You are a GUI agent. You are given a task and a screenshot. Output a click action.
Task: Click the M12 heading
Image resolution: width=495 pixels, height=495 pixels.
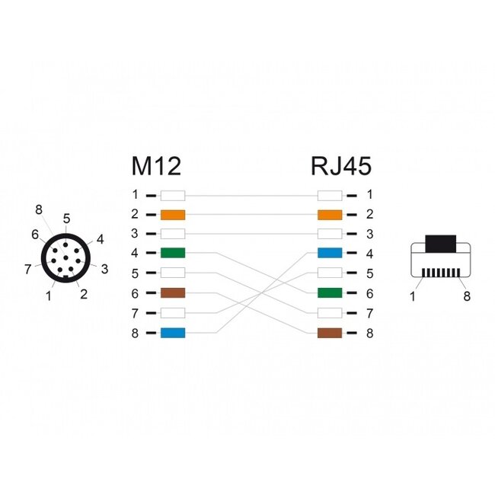pos(156,166)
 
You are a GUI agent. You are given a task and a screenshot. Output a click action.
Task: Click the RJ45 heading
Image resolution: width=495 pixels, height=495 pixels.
pos(340,166)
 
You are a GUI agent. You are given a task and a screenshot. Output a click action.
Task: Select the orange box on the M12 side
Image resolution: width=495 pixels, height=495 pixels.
pos(173,215)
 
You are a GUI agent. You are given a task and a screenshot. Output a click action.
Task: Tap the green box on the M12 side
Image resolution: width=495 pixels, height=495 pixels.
pos(173,254)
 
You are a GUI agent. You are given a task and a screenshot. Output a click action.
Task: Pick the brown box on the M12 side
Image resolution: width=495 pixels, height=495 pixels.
pos(173,293)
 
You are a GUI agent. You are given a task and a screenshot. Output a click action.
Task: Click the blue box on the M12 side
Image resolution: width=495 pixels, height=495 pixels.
pos(173,333)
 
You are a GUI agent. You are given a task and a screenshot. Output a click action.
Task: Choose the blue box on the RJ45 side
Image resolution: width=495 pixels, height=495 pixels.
pos(330,254)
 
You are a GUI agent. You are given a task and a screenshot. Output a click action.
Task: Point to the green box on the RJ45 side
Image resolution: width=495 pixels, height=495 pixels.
pos(330,293)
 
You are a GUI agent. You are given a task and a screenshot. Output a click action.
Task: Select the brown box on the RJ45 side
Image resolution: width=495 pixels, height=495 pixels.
pos(330,333)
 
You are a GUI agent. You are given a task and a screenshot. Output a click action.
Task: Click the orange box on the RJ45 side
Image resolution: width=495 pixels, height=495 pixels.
pos(330,215)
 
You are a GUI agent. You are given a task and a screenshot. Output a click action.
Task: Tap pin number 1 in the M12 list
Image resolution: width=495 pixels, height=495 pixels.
pos(134,195)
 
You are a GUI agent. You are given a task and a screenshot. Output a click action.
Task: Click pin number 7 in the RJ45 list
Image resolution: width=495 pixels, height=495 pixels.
pos(369,313)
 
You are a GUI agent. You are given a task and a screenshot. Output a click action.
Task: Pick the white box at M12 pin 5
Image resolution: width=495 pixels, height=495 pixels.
pos(173,273)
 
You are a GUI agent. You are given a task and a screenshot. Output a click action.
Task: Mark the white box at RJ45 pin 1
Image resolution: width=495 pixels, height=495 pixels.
pos(330,195)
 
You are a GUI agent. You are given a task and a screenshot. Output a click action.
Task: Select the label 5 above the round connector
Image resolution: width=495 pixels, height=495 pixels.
pos(66,219)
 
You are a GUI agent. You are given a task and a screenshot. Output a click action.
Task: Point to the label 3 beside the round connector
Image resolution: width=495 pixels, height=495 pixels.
pos(104,268)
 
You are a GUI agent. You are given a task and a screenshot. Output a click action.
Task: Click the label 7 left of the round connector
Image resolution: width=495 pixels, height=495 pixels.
pos(27,268)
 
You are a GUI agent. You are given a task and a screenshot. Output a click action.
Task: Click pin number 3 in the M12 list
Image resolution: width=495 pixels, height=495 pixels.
pos(134,234)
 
